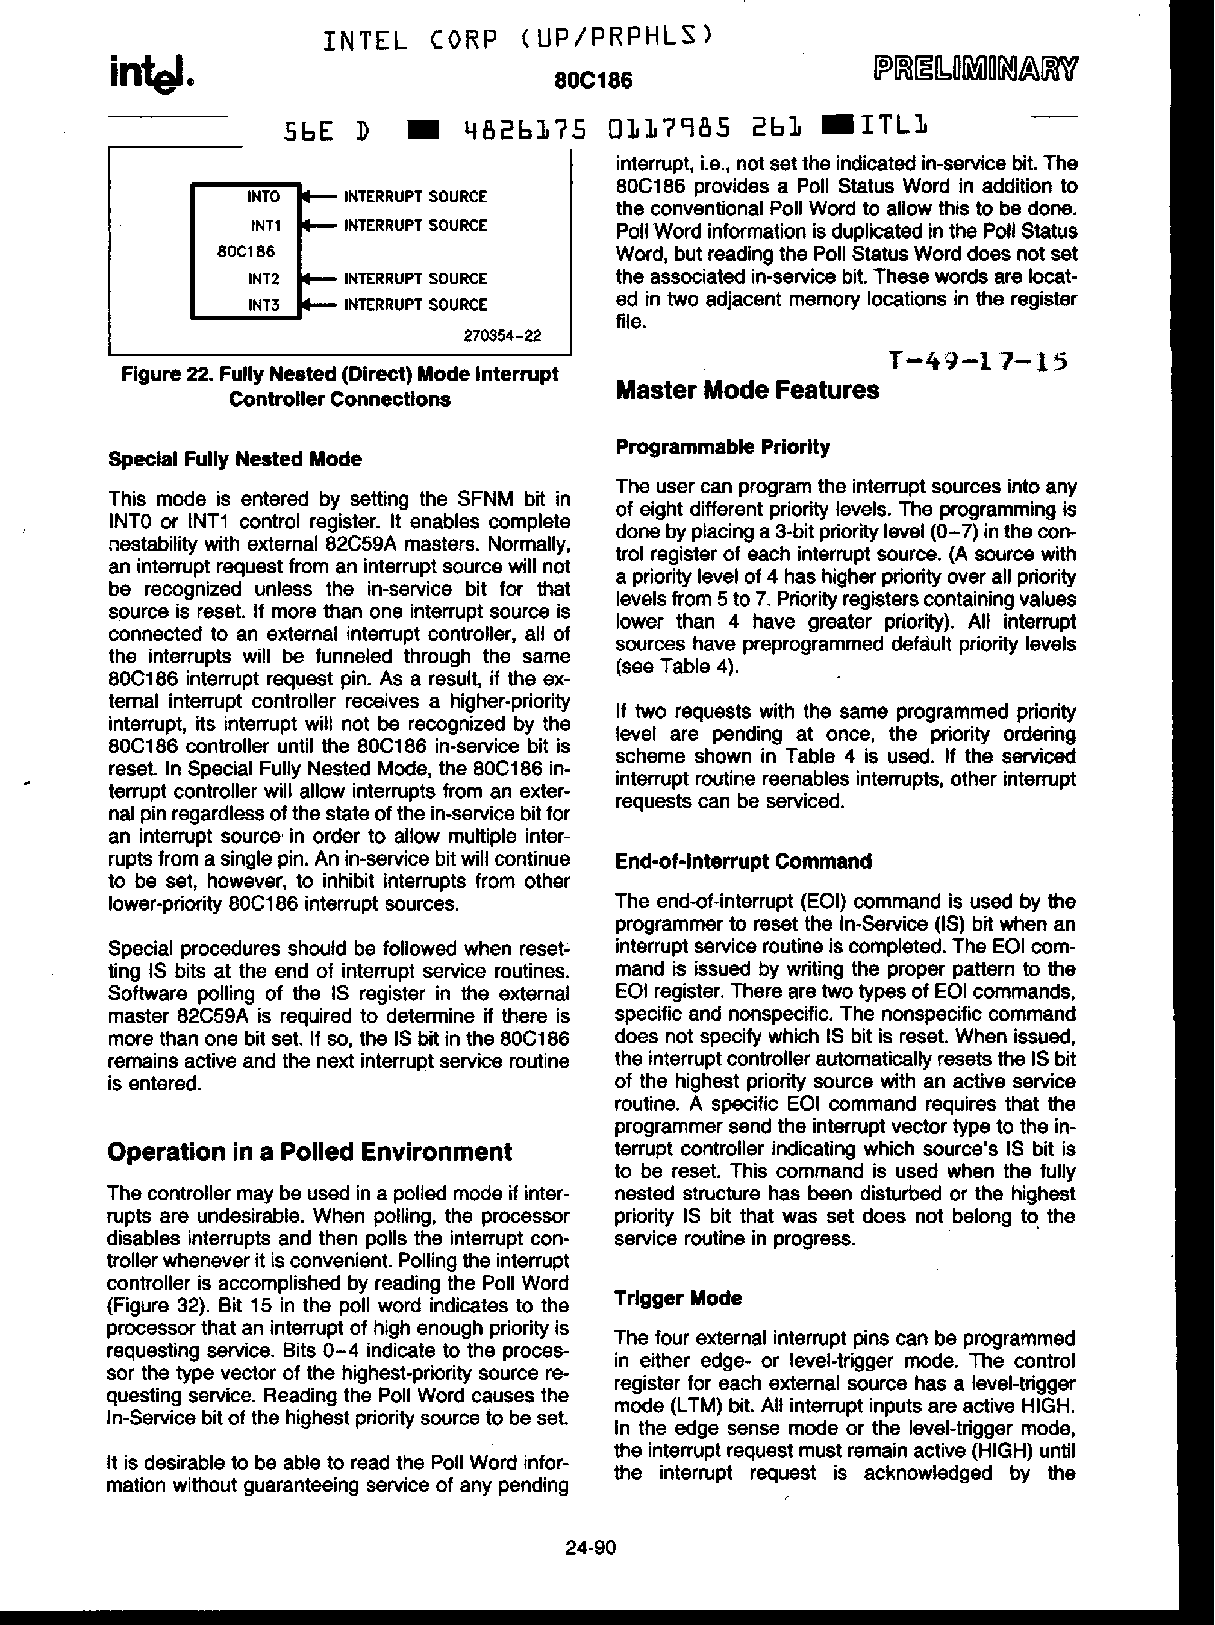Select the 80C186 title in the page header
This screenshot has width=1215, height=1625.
click(593, 80)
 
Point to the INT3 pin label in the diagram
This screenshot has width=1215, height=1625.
click(264, 305)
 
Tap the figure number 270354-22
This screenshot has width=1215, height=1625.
click(502, 335)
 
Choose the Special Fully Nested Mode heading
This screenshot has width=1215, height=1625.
click(235, 459)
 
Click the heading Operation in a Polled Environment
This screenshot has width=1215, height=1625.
click(309, 1151)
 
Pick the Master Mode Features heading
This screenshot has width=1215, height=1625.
click(747, 390)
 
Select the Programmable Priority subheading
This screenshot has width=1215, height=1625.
click(723, 447)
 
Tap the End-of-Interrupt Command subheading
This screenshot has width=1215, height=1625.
click(743, 861)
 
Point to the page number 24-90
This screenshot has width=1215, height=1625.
click(590, 1548)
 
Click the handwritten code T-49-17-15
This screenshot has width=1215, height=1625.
click(977, 361)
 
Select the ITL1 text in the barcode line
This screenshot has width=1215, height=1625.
click(894, 128)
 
